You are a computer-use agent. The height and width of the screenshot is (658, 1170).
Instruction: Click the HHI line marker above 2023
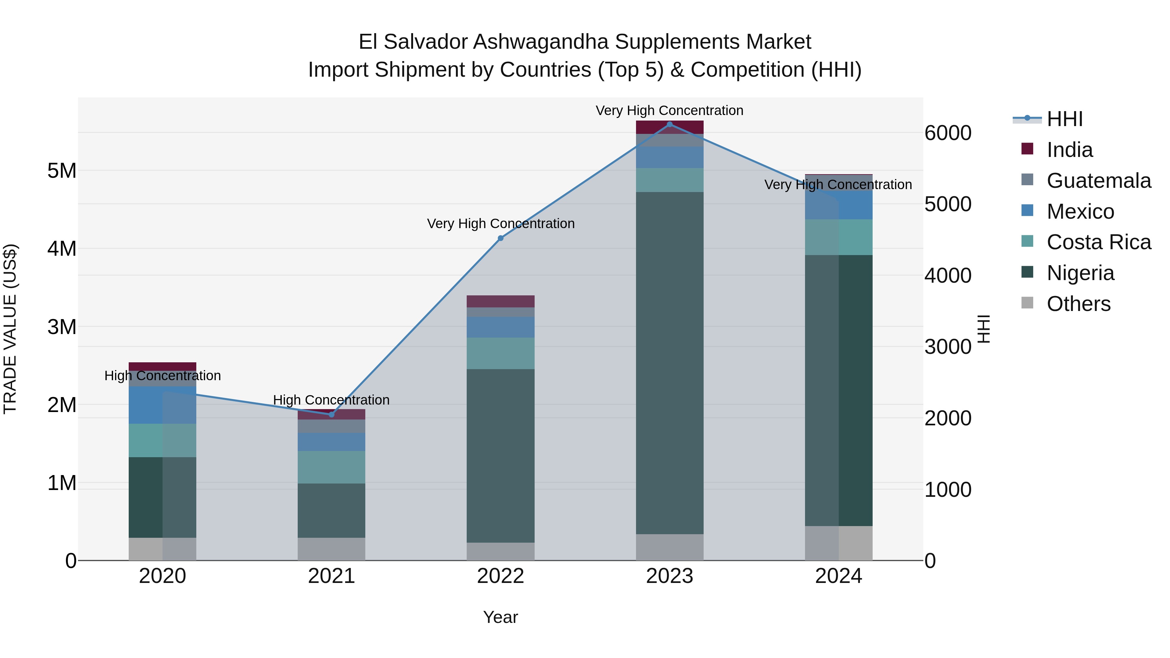669,124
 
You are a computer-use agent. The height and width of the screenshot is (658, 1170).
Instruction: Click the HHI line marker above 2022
500,238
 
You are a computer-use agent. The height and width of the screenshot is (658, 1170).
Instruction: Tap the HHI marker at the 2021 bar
331,415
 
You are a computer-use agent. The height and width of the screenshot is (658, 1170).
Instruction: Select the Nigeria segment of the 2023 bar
669,363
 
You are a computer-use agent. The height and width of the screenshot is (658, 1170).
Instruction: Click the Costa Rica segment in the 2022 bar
500,353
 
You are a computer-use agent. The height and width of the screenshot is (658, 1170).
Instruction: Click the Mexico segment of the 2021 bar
331,442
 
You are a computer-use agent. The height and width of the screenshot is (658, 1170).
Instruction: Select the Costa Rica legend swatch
1027,241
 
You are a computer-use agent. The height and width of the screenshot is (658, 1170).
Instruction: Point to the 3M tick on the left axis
62,327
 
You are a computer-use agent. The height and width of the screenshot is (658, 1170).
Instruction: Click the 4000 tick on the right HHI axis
948,275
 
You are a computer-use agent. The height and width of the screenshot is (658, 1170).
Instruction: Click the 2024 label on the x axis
838,576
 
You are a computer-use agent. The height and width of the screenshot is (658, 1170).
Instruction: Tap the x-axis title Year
500,617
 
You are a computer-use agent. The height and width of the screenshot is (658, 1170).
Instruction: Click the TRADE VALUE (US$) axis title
10,329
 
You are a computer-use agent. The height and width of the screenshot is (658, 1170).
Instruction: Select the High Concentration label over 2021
331,400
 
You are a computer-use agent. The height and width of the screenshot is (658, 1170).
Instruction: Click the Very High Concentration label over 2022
500,224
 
